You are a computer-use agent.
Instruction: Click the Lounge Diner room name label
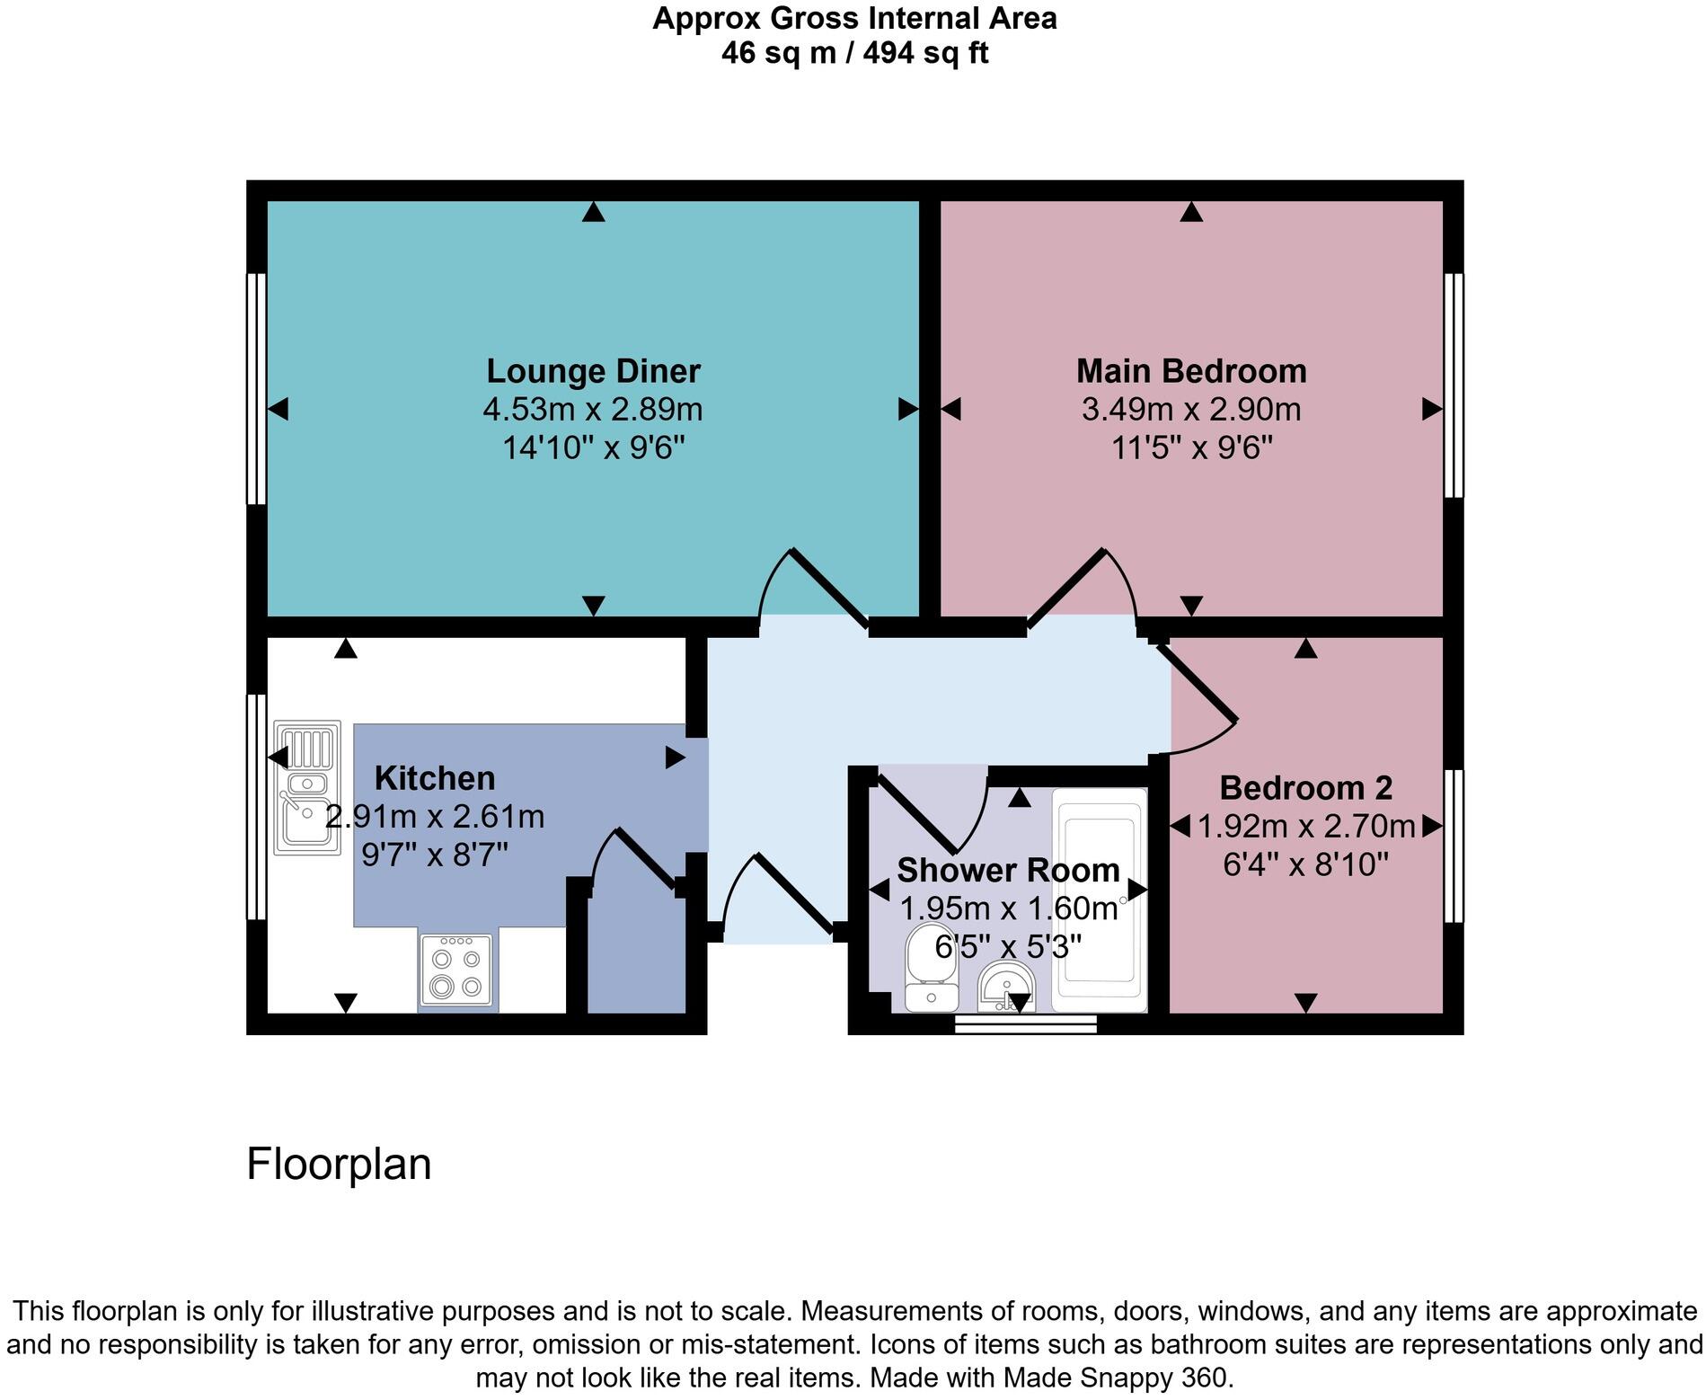click(593, 371)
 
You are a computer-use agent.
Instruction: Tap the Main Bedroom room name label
click(1190, 371)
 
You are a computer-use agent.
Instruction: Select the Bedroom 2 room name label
click(1305, 788)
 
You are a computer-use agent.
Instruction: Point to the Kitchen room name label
click(434, 778)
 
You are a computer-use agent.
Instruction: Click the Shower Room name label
click(1008, 870)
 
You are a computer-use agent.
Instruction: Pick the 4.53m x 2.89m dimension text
click(593, 410)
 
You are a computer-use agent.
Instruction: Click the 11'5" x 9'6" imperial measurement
click(1191, 447)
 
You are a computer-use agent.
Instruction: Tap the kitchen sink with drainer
click(307, 787)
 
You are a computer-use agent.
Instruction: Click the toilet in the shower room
click(932, 967)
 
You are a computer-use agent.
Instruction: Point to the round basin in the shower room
click(1006, 988)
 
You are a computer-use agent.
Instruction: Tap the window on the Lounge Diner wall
click(256, 389)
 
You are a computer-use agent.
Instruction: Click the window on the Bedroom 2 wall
click(1454, 846)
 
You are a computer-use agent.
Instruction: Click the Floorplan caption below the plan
click(339, 1164)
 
